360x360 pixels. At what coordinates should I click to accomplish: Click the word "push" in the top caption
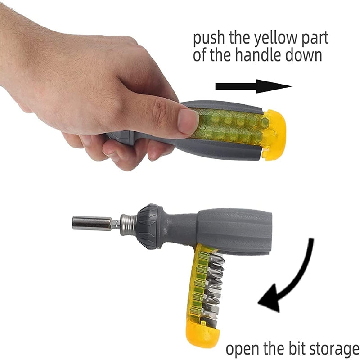[x=209, y=38]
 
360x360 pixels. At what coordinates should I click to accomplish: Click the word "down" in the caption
[x=303, y=55]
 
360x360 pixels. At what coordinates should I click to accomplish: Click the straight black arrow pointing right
[x=253, y=86]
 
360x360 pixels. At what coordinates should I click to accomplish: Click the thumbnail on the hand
[x=188, y=121]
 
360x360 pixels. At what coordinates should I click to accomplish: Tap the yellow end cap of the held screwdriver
[x=274, y=135]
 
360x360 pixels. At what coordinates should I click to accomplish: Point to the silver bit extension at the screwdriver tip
[x=92, y=223]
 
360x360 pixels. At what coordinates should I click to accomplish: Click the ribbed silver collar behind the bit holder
[x=129, y=225]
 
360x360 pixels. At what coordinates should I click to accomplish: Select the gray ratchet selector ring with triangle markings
[x=149, y=226]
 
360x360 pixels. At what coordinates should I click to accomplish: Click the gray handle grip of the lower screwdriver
[x=234, y=231]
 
